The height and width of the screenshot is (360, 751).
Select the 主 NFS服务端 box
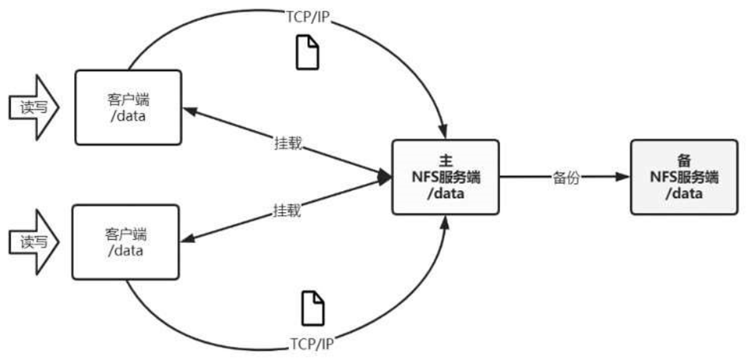445,176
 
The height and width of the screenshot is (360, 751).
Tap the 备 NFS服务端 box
684,176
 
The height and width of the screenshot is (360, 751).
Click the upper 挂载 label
287,144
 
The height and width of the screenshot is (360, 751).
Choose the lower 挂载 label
287,209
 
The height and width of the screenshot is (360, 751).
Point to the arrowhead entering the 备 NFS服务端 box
622,177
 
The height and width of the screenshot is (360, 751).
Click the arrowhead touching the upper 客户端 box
189,112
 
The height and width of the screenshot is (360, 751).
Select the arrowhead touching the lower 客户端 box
189,238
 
